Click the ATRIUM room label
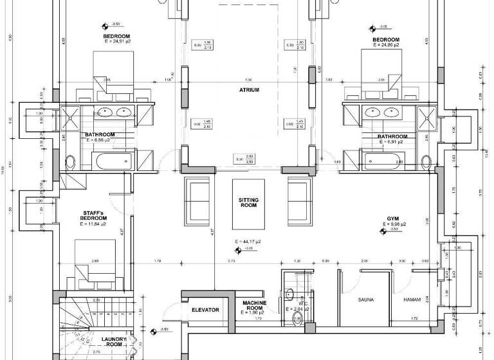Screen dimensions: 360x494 point(248,90)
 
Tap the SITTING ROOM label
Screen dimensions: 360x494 point(248,204)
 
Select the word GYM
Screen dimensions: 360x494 point(392,218)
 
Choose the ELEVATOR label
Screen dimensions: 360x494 point(205,310)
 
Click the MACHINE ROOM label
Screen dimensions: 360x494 point(255,304)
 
